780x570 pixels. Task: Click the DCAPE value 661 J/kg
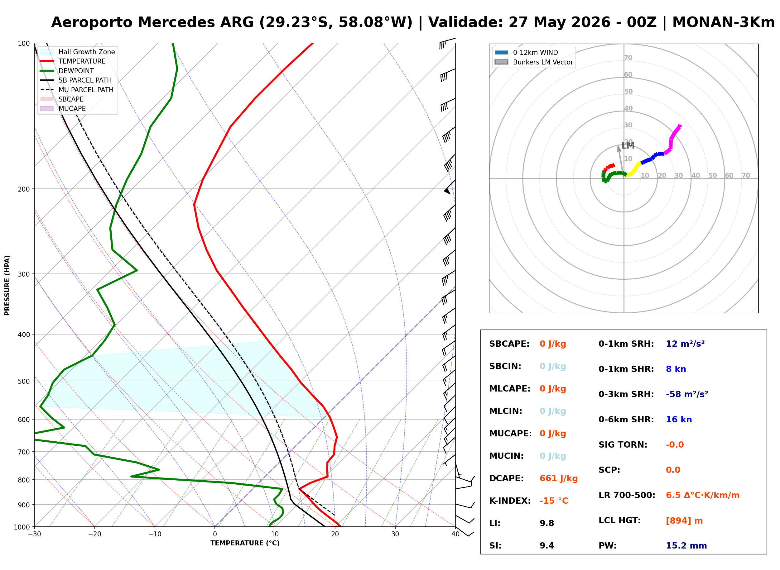[x=558, y=478]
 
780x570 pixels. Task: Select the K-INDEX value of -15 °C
[x=553, y=501]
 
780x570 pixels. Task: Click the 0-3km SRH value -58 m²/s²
[x=687, y=394]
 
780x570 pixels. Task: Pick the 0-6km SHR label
[x=626, y=420]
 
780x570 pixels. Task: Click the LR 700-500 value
[x=703, y=496]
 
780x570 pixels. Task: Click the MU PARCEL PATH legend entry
[x=77, y=90]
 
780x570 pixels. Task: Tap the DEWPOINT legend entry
[x=67, y=71]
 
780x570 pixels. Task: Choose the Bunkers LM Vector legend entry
[x=534, y=62]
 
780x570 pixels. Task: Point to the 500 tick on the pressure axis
[x=24, y=381]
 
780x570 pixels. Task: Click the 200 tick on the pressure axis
[x=24, y=189]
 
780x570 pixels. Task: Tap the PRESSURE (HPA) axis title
[x=7, y=285]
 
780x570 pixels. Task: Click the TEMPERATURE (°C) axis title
[x=245, y=544]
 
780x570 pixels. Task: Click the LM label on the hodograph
[x=628, y=145]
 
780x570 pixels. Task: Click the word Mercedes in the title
[x=176, y=22]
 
